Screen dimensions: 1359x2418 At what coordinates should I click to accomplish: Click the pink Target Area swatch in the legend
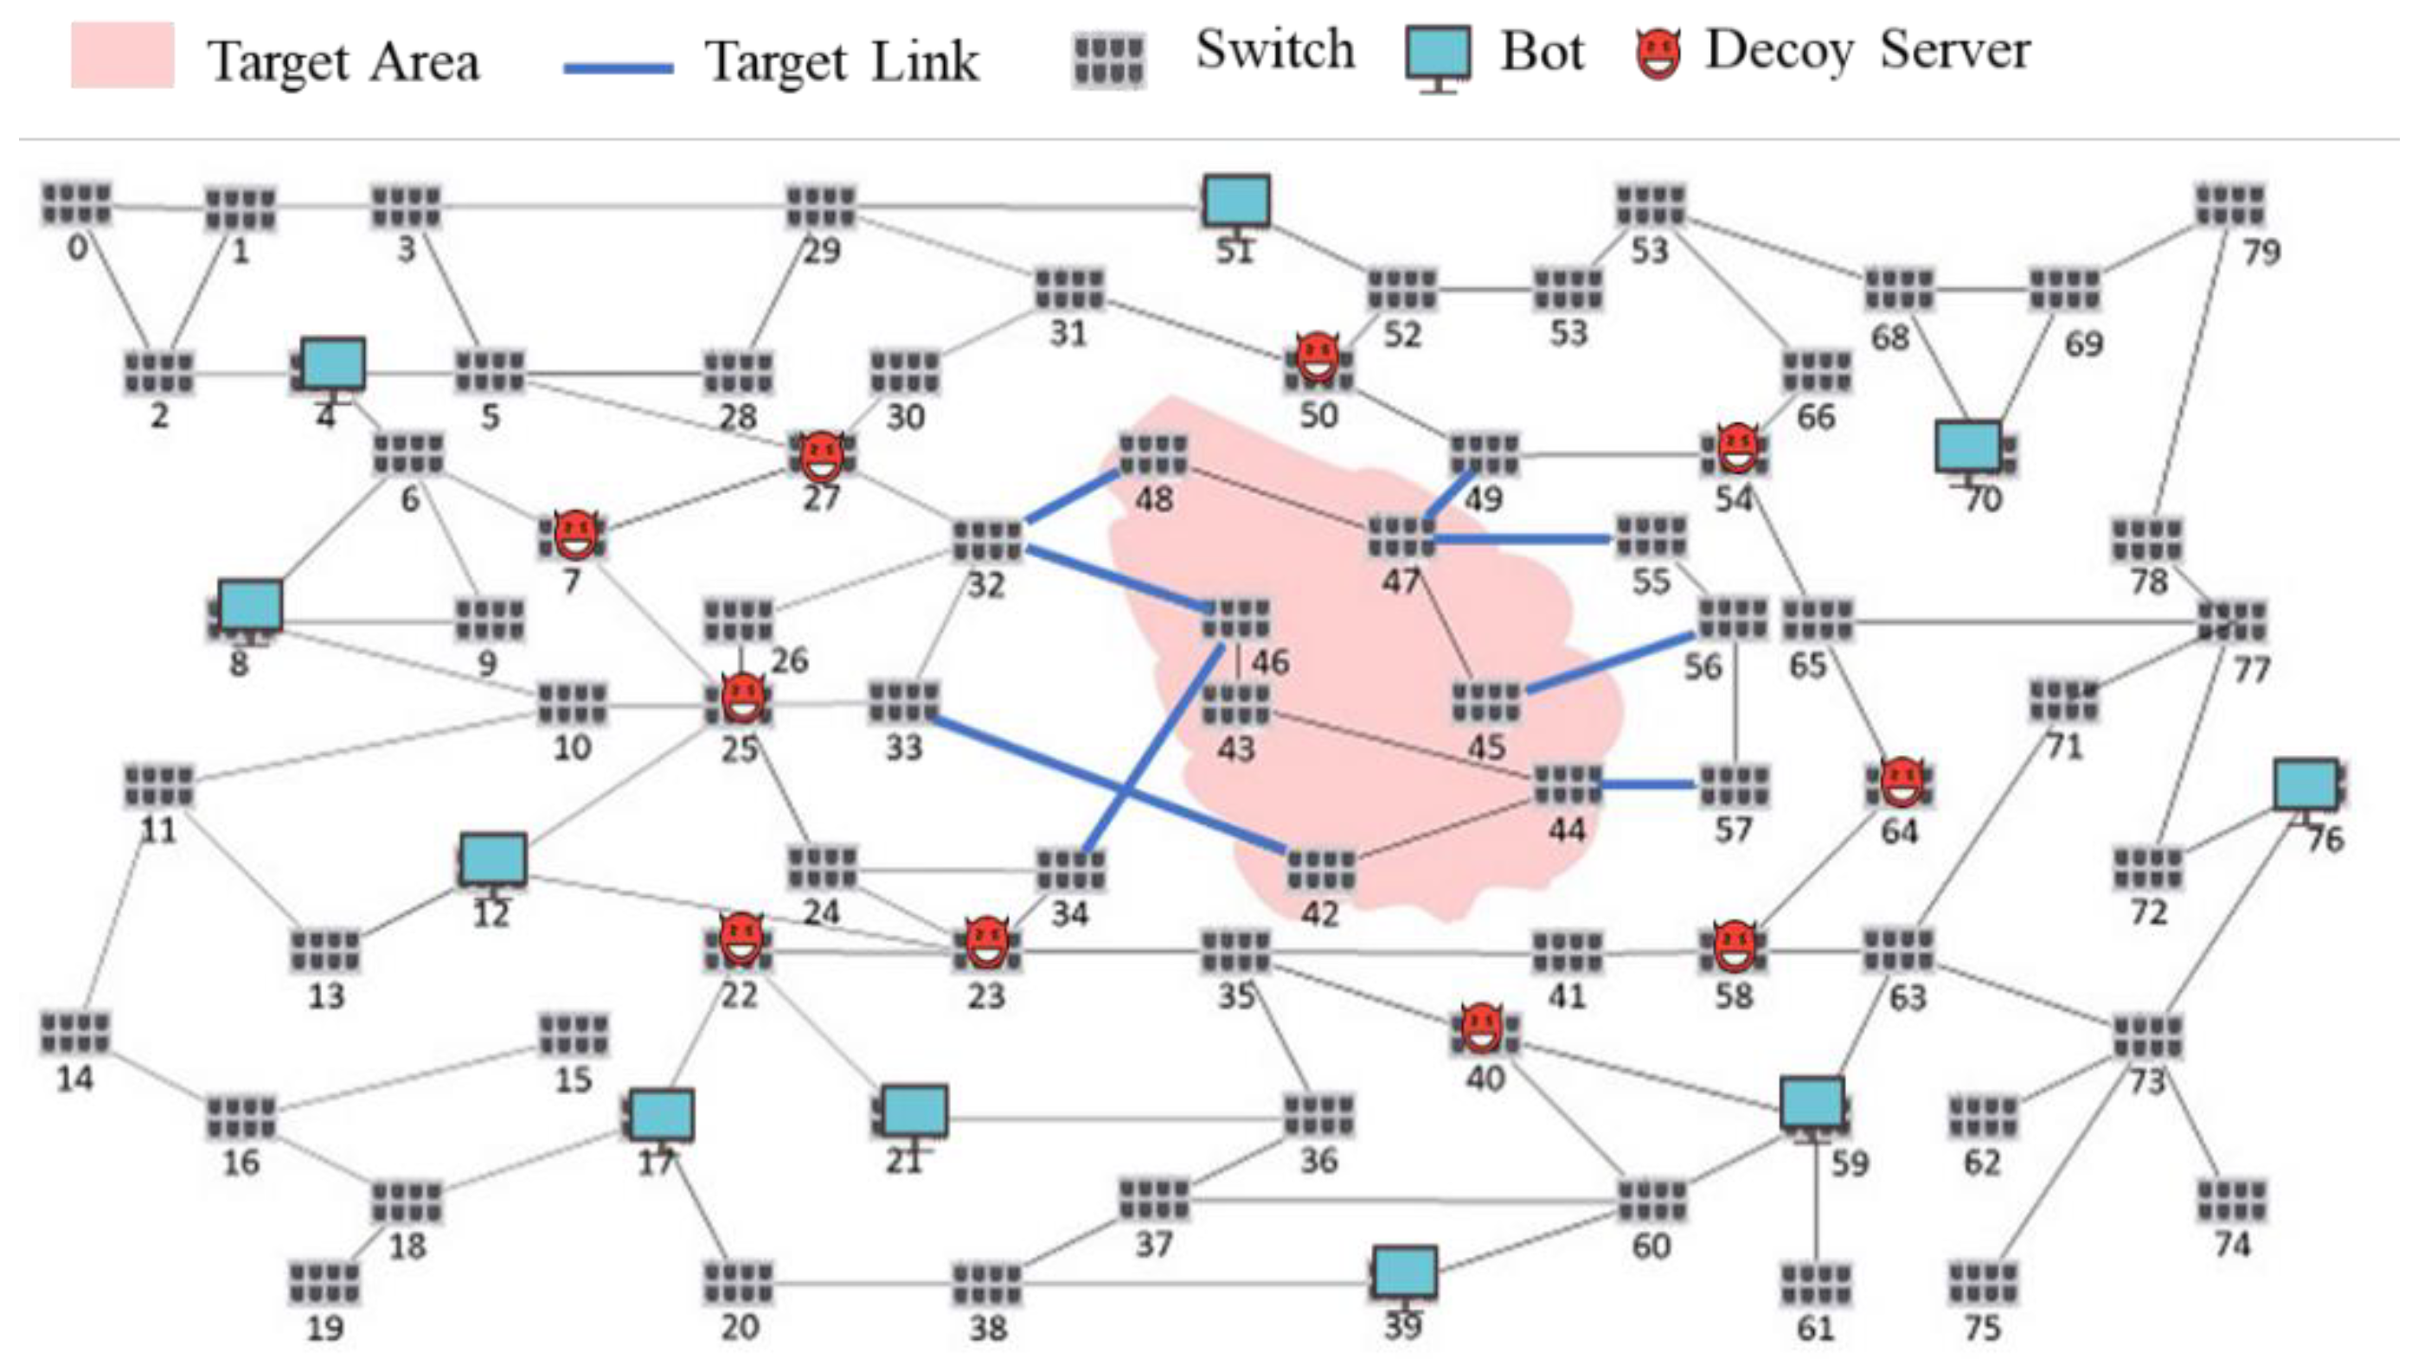[x=122, y=55]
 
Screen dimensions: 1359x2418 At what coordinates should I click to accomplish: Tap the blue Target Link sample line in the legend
[x=618, y=67]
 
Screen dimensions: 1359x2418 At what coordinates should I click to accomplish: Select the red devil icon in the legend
[x=1658, y=54]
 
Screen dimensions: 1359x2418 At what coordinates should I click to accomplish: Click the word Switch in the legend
[x=1274, y=50]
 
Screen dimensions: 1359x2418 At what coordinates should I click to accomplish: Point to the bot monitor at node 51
[x=1237, y=202]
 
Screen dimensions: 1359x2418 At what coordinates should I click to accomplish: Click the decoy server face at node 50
[x=1317, y=356]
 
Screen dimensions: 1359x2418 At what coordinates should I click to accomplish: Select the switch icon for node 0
[x=77, y=203]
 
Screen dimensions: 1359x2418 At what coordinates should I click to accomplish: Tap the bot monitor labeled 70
[x=1967, y=446]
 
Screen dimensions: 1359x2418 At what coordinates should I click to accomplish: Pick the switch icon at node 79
[x=2230, y=205]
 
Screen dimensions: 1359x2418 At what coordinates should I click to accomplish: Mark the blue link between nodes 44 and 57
[x=1647, y=784]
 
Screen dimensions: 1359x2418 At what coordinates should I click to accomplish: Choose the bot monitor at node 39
[x=1404, y=1272]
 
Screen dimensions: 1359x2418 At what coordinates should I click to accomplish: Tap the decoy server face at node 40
[x=1482, y=1029]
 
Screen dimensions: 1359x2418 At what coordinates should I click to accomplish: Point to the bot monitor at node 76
[x=2306, y=785]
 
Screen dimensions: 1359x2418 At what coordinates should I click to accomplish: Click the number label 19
[x=324, y=1328]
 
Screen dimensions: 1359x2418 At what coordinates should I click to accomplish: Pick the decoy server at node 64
[x=1902, y=784]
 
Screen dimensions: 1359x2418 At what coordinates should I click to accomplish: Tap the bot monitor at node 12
[x=494, y=859]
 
